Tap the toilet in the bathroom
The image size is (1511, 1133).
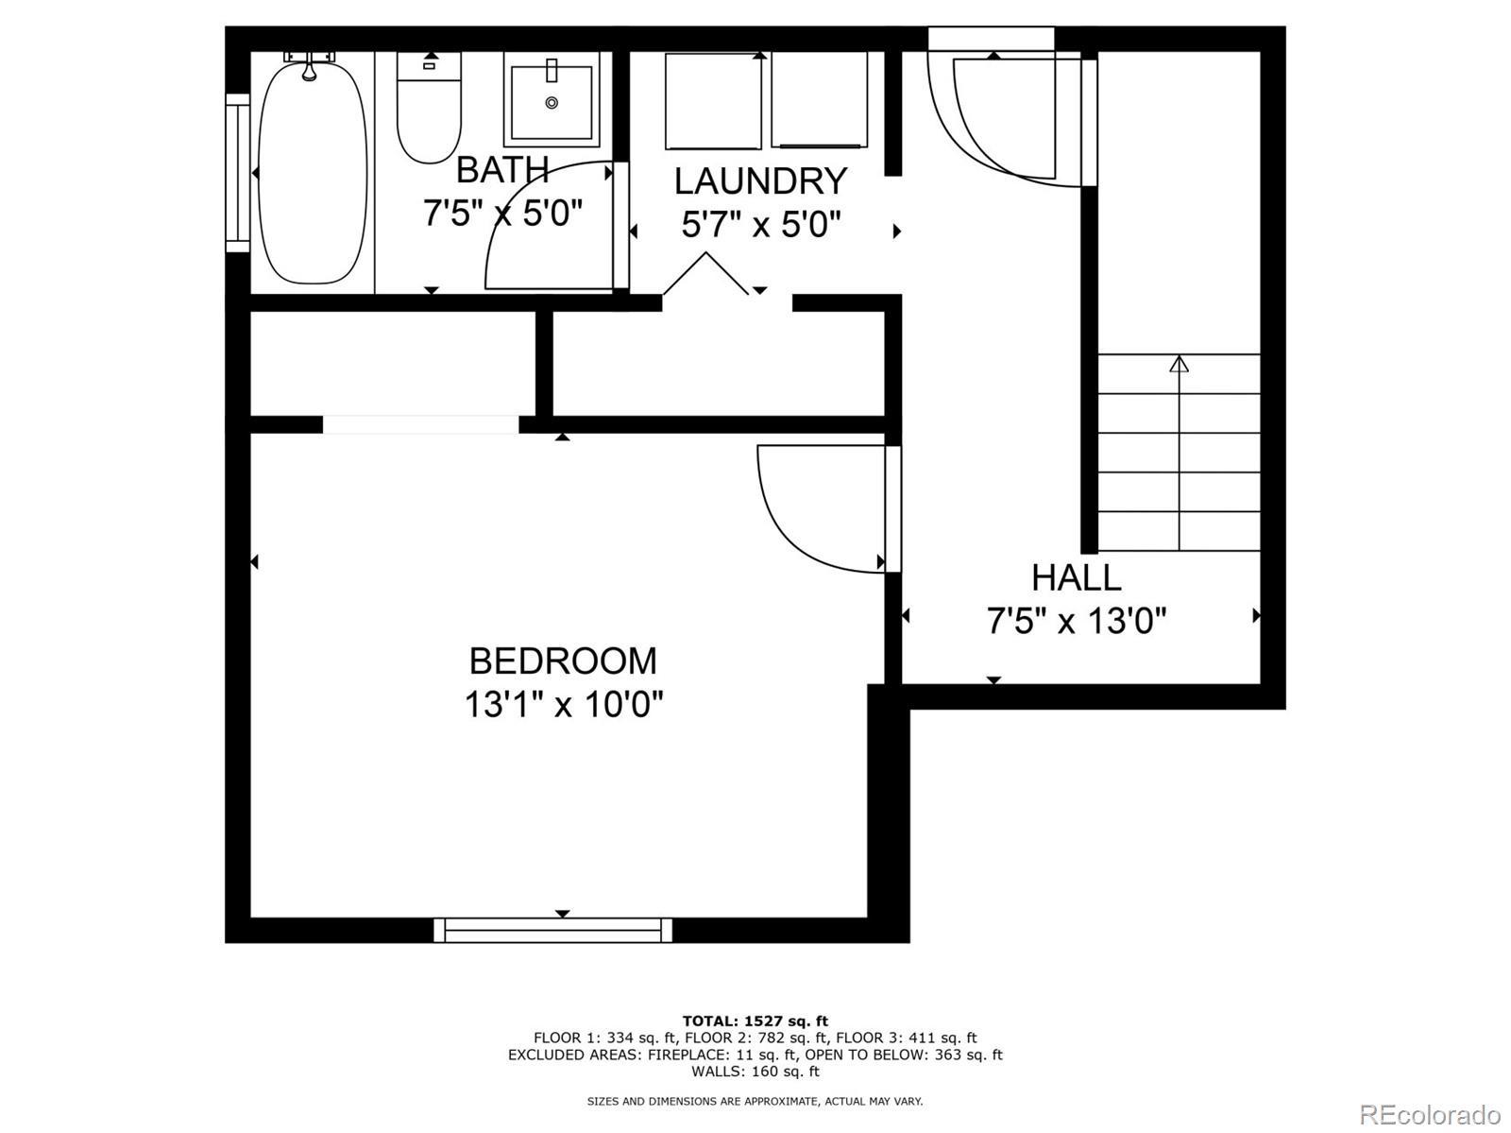click(429, 108)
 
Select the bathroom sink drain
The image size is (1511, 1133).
click(552, 103)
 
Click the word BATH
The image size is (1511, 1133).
click(502, 169)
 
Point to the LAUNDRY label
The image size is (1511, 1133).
click(760, 181)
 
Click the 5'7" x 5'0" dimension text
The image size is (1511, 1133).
click(761, 224)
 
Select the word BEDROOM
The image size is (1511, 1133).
click(563, 661)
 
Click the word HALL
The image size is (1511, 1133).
click(1077, 577)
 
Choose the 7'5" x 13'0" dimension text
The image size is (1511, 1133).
click(1077, 621)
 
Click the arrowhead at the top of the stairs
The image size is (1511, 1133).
click(1180, 364)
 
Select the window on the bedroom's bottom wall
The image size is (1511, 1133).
click(552, 930)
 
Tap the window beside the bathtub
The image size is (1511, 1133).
click(237, 172)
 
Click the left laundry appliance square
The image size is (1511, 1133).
click(713, 100)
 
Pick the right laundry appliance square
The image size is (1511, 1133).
click(819, 99)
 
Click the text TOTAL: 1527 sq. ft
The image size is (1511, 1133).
click(755, 1021)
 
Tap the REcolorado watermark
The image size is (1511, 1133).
click(1431, 1114)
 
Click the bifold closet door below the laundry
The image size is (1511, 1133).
click(705, 274)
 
